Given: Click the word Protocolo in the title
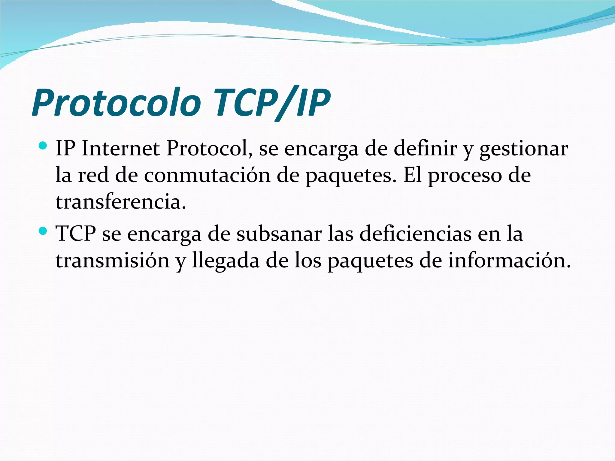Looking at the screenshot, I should [x=117, y=103].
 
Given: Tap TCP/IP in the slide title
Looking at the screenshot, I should [x=272, y=103].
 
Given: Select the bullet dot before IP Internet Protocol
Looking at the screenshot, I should [x=43, y=146].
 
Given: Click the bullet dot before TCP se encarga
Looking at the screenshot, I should [x=43, y=231].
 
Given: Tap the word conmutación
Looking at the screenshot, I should [x=207, y=175].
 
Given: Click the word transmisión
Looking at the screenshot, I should [x=113, y=261].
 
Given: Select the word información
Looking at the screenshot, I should [x=509, y=261].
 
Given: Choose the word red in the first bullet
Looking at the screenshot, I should [x=93, y=175].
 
